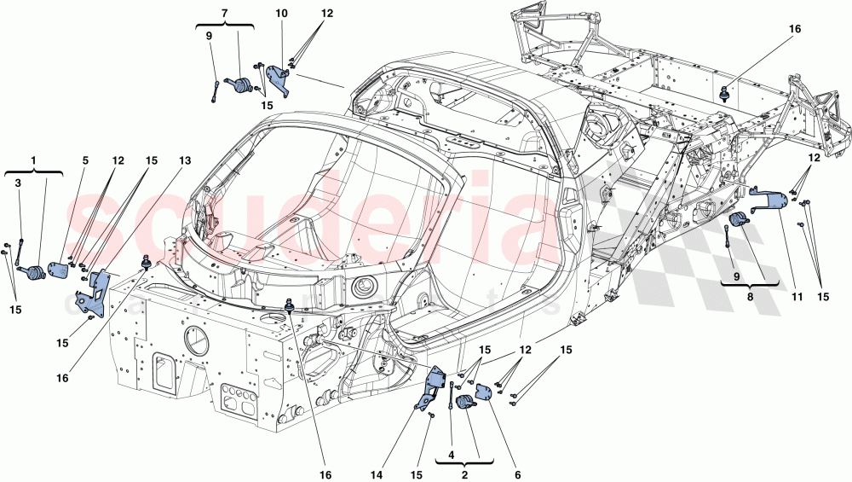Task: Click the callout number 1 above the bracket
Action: [x=34, y=160]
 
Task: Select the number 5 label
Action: [x=85, y=160]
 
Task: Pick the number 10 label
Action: [x=281, y=15]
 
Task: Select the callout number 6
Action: [x=516, y=474]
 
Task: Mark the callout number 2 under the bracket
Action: [x=464, y=474]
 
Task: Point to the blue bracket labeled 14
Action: [x=435, y=384]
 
